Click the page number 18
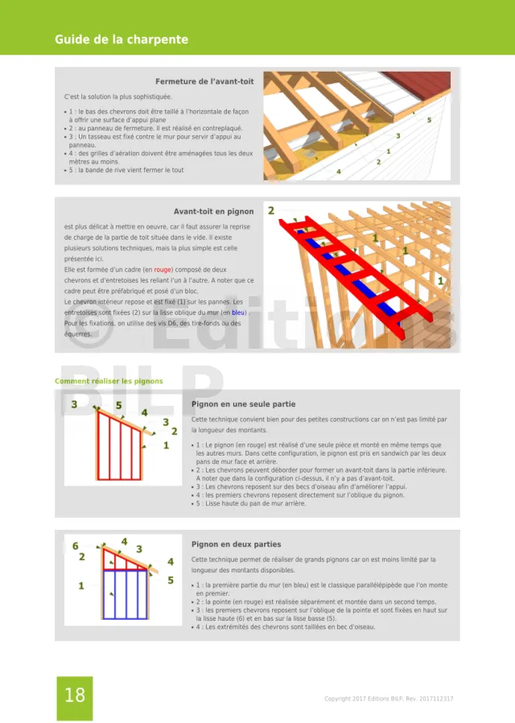tap(74, 696)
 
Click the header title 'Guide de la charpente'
tap(122, 39)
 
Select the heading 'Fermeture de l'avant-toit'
tap(204, 81)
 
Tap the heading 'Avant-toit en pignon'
tap(213, 212)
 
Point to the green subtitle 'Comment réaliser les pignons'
tap(109, 381)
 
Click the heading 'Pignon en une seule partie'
tap(243, 404)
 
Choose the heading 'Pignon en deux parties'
tap(236, 544)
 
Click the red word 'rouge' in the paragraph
tap(163, 270)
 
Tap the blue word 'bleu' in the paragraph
tap(239, 312)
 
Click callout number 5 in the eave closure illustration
tap(429, 120)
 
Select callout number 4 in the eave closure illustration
tap(338, 171)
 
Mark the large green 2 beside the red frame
tap(271, 211)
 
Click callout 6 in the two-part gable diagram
tap(76, 546)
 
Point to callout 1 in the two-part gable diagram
tap(80, 586)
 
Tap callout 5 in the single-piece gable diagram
tap(118, 406)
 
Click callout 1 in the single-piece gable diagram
tap(166, 444)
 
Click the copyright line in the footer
tap(389, 699)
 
